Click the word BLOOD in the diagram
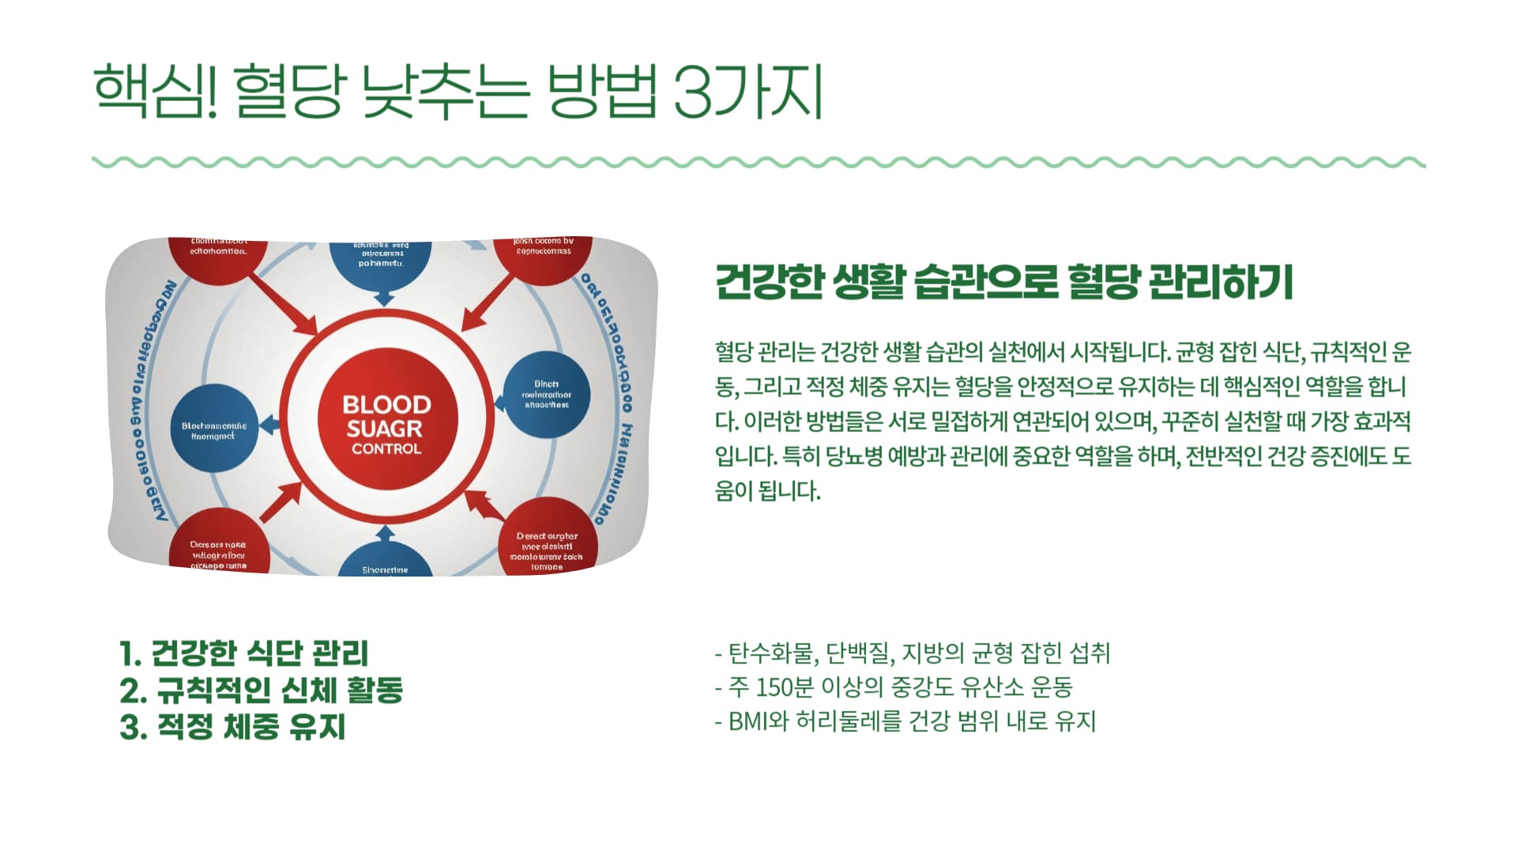[386, 405]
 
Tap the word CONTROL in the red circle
[386, 449]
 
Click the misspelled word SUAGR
[385, 429]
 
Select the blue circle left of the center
[214, 430]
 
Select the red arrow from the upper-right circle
[486, 303]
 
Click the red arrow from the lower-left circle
[281, 501]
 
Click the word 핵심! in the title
[155, 92]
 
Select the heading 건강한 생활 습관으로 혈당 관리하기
[1003, 282]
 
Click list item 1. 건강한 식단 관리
[244, 654]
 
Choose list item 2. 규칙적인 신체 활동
[262, 690]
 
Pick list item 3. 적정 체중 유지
[233, 727]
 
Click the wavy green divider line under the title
[758, 163]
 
